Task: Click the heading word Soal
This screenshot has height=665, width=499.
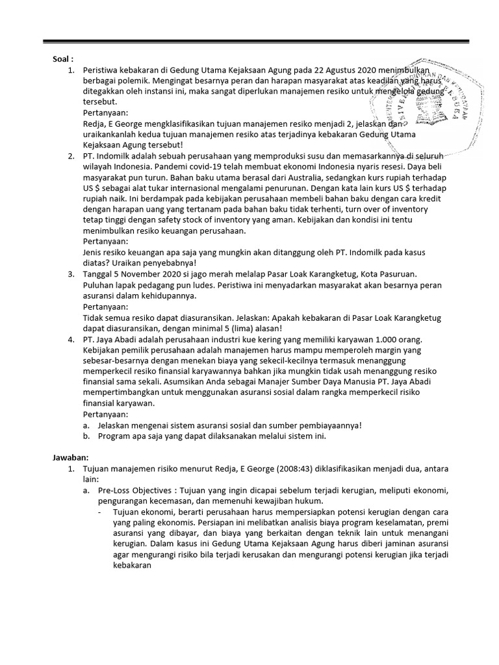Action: tap(63, 59)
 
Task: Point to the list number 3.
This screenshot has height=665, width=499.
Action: tap(71, 275)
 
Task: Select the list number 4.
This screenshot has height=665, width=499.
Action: tap(71, 339)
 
